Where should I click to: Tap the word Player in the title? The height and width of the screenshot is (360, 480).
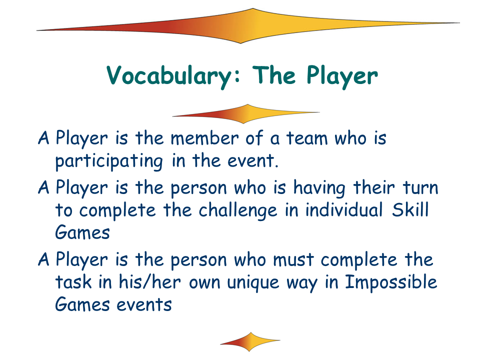click(342, 75)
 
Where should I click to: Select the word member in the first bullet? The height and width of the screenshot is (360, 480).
click(204, 138)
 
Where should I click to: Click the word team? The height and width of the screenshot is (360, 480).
click(307, 138)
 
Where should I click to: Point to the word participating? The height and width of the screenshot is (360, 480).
click(109, 161)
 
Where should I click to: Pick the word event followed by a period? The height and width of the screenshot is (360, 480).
click(253, 160)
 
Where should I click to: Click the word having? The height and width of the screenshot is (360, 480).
click(319, 188)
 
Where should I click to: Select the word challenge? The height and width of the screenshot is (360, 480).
click(238, 211)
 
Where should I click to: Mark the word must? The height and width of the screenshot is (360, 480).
click(293, 260)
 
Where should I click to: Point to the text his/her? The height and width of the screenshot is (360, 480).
click(149, 281)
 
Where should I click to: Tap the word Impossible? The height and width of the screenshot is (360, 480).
click(391, 282)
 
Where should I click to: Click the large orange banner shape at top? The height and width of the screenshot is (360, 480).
click(248, 26)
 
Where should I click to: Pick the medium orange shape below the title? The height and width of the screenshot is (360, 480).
click(246, 114)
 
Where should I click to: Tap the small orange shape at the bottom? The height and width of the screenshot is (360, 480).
click(250, 341)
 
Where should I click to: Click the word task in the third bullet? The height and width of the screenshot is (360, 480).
click(73, 282)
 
